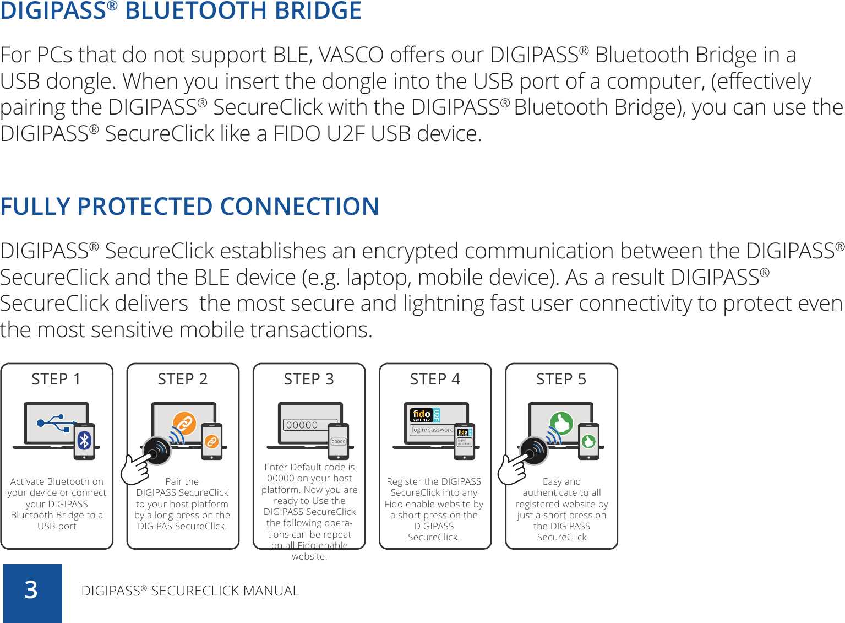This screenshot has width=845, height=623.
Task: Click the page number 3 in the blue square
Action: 31,590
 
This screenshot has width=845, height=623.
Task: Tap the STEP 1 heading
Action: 56,379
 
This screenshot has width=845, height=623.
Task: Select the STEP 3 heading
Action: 309,379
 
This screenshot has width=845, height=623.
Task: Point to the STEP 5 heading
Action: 561,379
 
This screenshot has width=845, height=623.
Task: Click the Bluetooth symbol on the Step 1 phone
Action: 84,440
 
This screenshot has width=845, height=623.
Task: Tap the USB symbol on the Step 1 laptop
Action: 53,423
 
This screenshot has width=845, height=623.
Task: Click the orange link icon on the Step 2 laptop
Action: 184,423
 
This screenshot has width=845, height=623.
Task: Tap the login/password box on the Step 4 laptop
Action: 432,430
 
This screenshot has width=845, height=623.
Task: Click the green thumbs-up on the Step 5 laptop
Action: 561,424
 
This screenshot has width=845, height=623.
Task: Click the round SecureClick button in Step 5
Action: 533,450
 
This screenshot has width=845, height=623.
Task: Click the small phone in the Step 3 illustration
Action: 338,441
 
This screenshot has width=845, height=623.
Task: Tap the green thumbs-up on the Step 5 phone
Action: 588,441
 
